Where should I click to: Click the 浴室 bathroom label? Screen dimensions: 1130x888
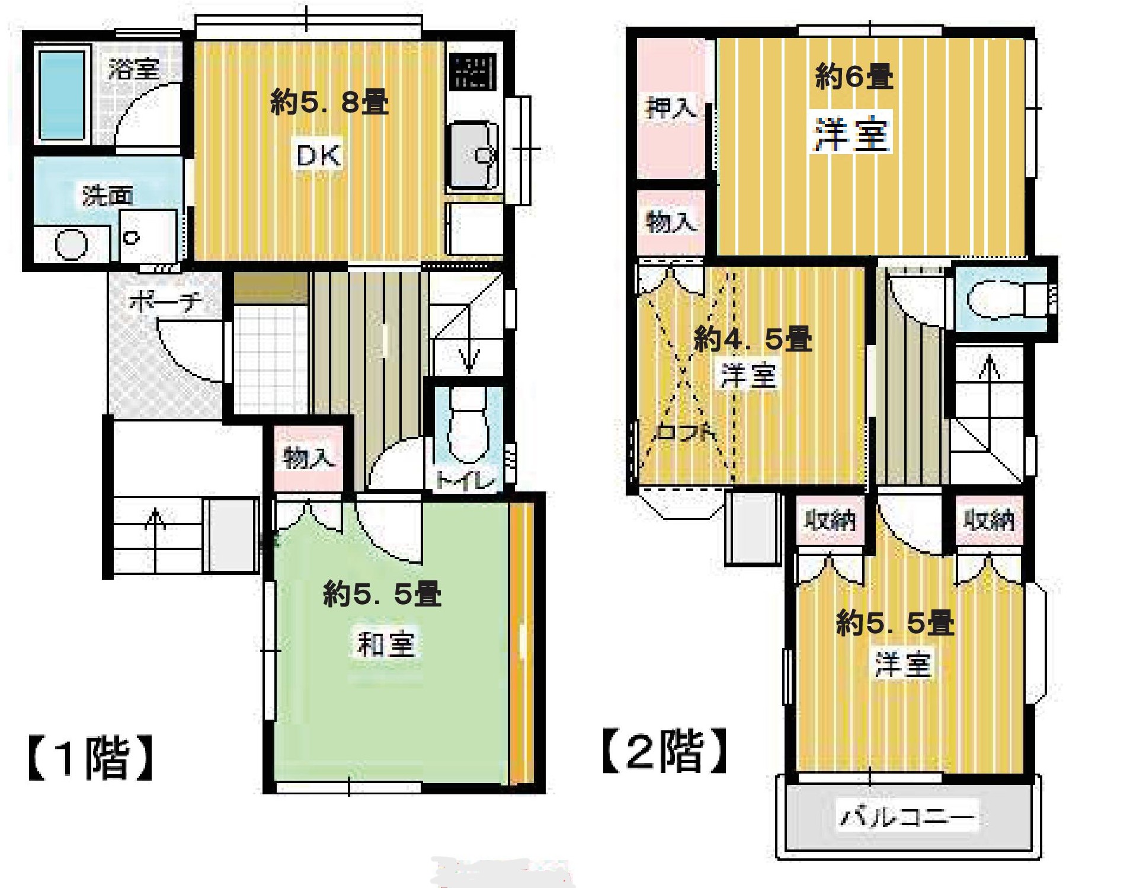click(133, 69)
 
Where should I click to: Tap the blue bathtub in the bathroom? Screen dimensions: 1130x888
click(62, 95)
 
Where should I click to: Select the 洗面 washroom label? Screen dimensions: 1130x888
click(107, 196)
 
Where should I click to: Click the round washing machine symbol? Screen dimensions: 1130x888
click(71, 243)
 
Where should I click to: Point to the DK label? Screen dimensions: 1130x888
click(319, 156)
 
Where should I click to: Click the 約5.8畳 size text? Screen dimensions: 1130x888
click(329, 103)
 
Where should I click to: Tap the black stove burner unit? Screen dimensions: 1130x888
click(472, 72)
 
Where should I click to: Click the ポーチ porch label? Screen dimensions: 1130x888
click(165, 302)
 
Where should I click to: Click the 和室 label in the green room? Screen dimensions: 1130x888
click(385, 644)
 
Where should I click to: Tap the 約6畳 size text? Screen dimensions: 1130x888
click(854, 76)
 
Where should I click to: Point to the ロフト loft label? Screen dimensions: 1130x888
click(684, 431)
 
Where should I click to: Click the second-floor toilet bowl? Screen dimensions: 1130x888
click(996, 299)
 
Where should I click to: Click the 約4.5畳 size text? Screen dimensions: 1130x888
click(753, 338)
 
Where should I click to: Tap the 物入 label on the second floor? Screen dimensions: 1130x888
click(670, 222)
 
